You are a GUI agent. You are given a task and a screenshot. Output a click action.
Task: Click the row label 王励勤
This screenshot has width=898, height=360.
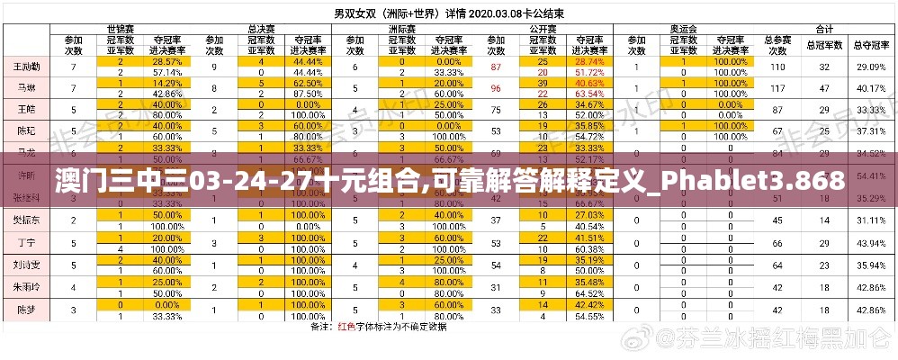(x=25, y=67)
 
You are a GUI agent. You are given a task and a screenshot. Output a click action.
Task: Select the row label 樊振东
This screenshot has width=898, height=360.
(x=25, y=220)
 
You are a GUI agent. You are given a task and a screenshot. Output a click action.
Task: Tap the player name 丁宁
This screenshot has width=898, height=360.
(x=25, y=243)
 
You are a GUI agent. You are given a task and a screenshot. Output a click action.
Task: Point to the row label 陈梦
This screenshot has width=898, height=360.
(x=25, y=309)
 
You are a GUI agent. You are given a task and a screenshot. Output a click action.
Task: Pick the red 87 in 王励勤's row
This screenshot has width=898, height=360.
(x=496, y=67)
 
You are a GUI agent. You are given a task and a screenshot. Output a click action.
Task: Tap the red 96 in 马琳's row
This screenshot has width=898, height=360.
(x=496, y=88)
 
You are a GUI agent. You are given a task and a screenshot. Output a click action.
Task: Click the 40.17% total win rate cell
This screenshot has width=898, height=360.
(x=870, y=88)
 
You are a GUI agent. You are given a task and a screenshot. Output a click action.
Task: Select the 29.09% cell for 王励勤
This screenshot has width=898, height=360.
(x=870, y=67)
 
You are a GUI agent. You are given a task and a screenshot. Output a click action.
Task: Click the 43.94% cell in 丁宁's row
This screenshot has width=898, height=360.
(x=870, y=243)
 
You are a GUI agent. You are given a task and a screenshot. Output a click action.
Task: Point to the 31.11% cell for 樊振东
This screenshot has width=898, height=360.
(x=870, y=220)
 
